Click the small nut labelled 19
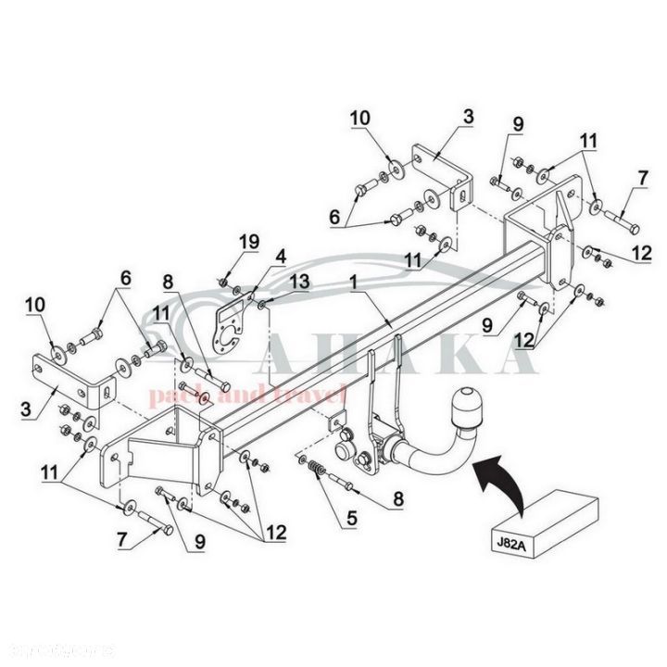tap(225, 281)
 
